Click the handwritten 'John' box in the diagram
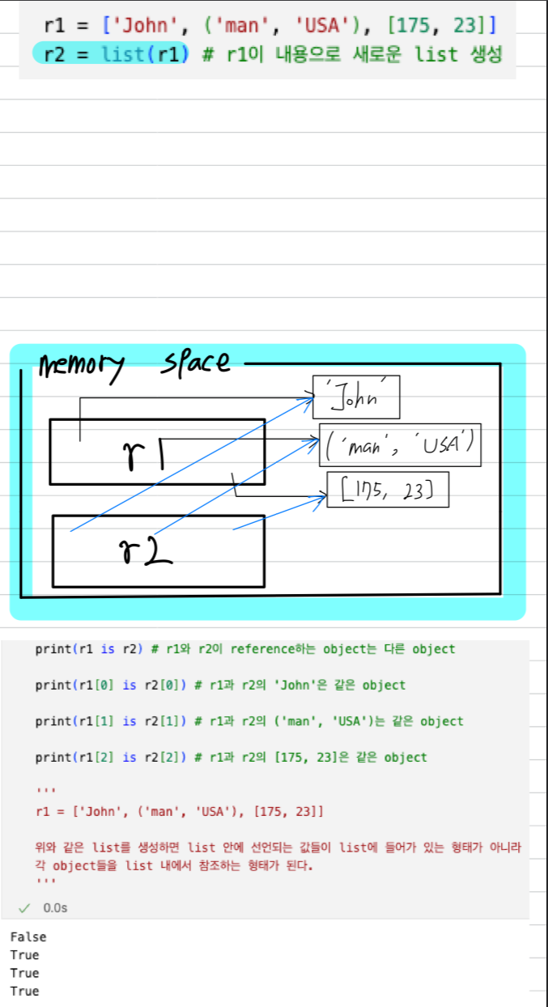click(x=356, y=397)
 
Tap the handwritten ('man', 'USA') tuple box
click(x=400, y=444)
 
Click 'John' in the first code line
click(x=134, y=26)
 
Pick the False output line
click(x=28, y=937)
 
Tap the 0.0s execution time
click(x=55, y=908)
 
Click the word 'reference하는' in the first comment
click(x=274, y=648)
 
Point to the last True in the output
click(x=24, y=991)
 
